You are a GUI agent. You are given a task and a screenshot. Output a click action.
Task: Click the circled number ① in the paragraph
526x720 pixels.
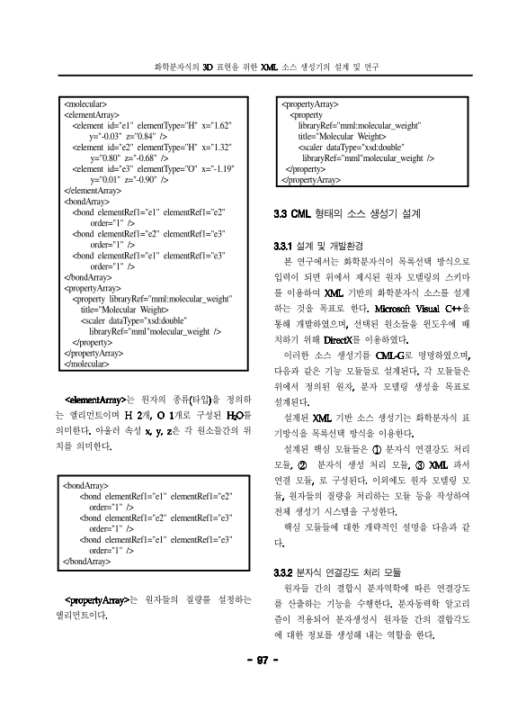point(377,447)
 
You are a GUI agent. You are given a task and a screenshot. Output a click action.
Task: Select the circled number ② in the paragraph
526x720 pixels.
point(302,463)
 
